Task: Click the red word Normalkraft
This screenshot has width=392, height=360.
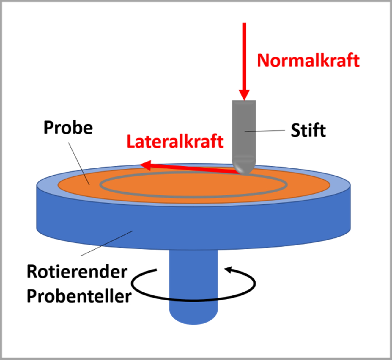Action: pyautogui.click(x=308, y=60)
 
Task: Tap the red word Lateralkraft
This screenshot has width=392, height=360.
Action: pyautogui.click(x=175, y=141)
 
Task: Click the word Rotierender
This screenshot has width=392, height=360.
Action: pyautogui.click(x=77, y=272)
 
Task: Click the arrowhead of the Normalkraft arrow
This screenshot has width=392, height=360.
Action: pyautogui.click(x=244, y=95)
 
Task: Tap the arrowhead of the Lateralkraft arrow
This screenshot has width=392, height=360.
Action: pyautogui.click(x=146, y=165)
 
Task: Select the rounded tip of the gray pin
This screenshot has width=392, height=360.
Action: pyautogui.click(x=244, y=167)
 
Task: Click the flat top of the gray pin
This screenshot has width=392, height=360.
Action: pyautogui.click(x=244, y=101)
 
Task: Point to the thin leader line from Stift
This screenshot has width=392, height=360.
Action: pyautogui.click(x=265, y=131)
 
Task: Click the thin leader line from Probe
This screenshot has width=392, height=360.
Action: pyautogui.click(x=79, y=164)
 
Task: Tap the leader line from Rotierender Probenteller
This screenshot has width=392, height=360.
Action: pyautogui.click(x=107, y=243)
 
